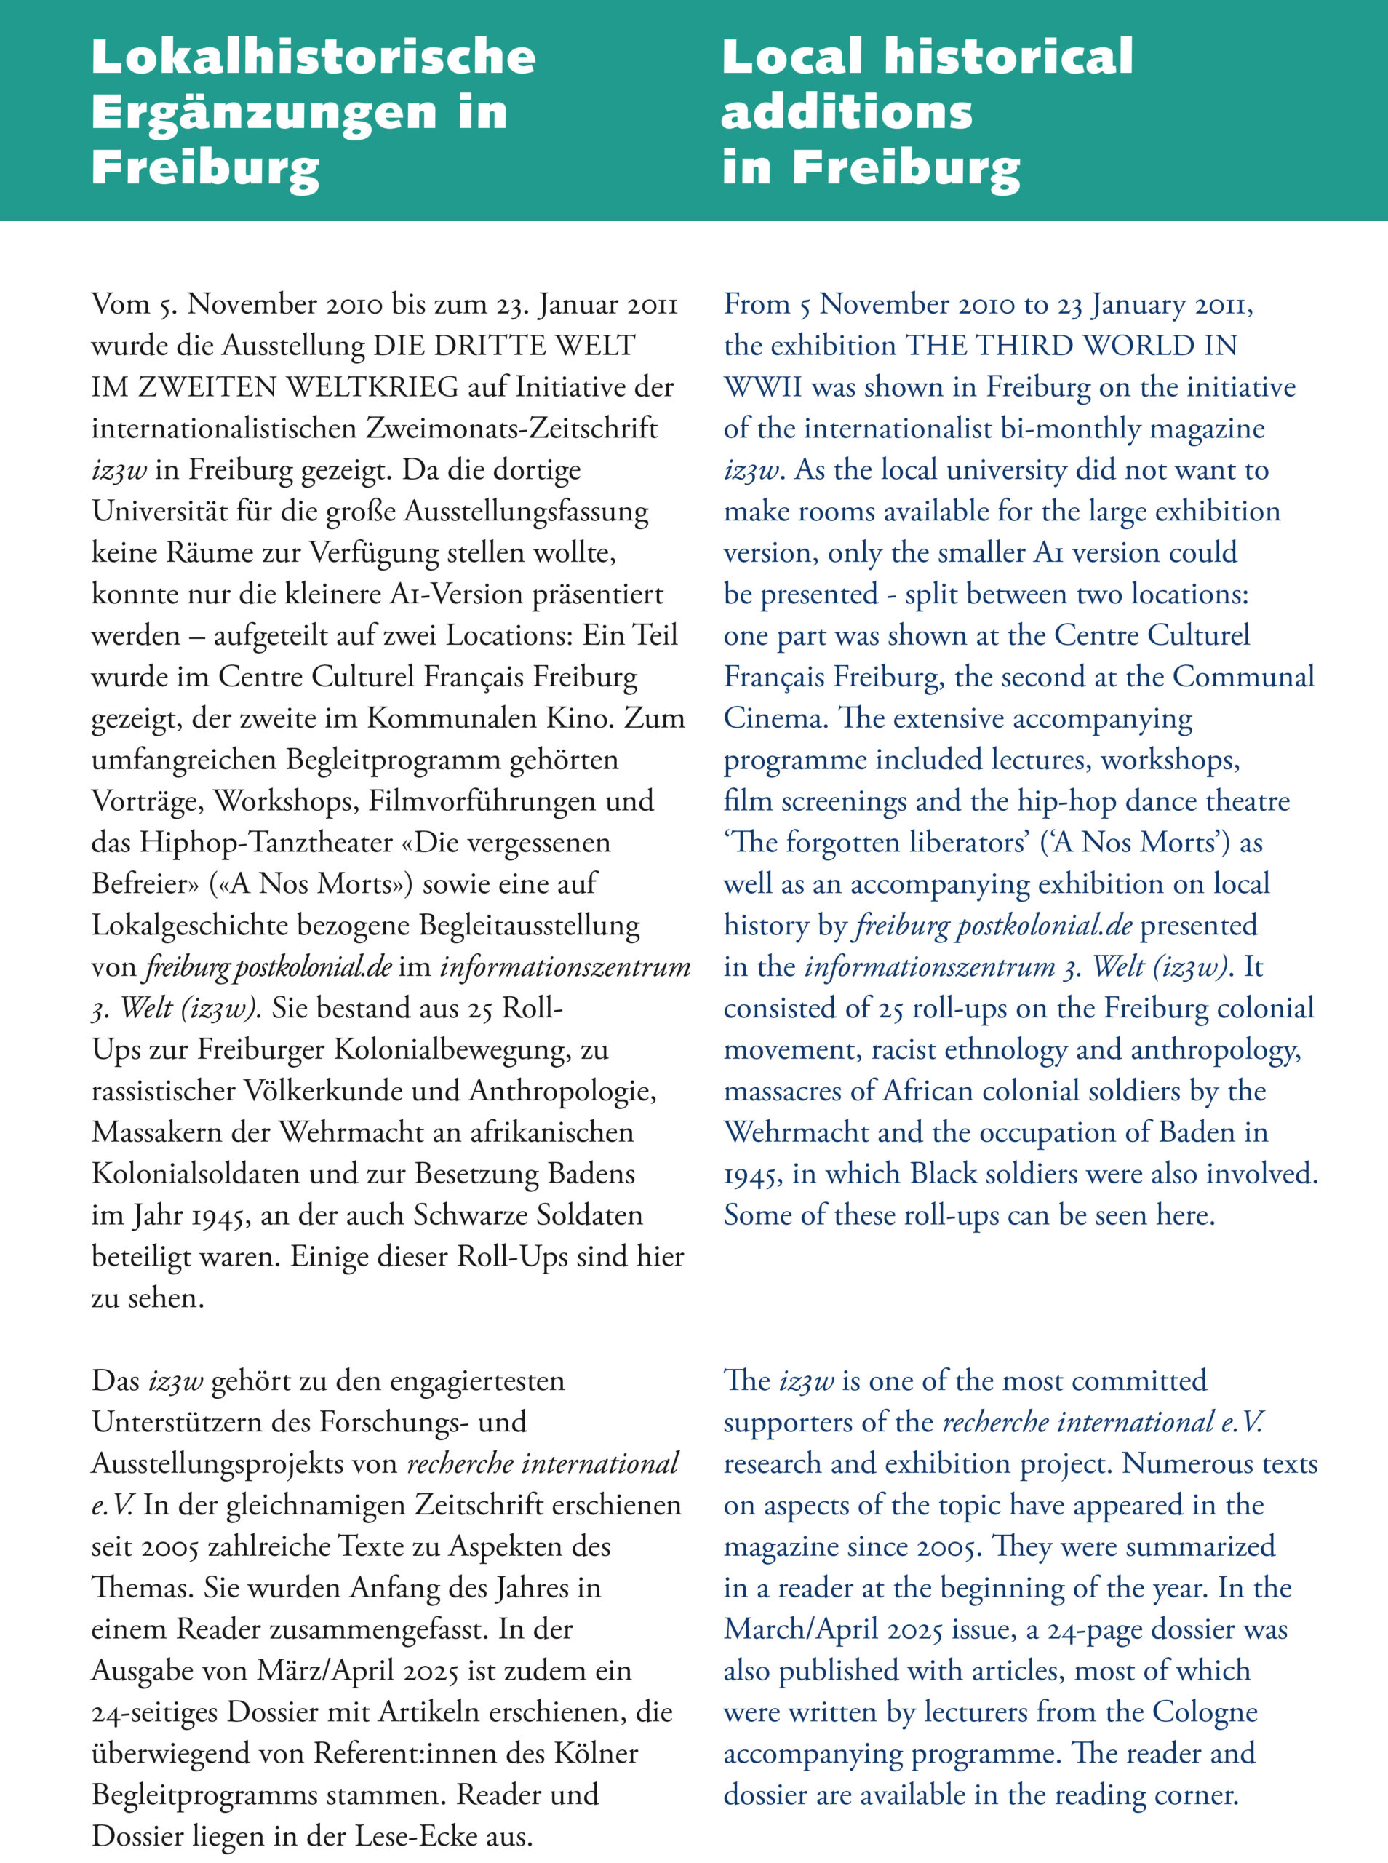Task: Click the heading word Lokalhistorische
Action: click(313, 57)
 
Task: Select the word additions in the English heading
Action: click(846, 113)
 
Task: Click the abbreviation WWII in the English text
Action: click(763, 387)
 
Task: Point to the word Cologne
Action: click(1204, 1712)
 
